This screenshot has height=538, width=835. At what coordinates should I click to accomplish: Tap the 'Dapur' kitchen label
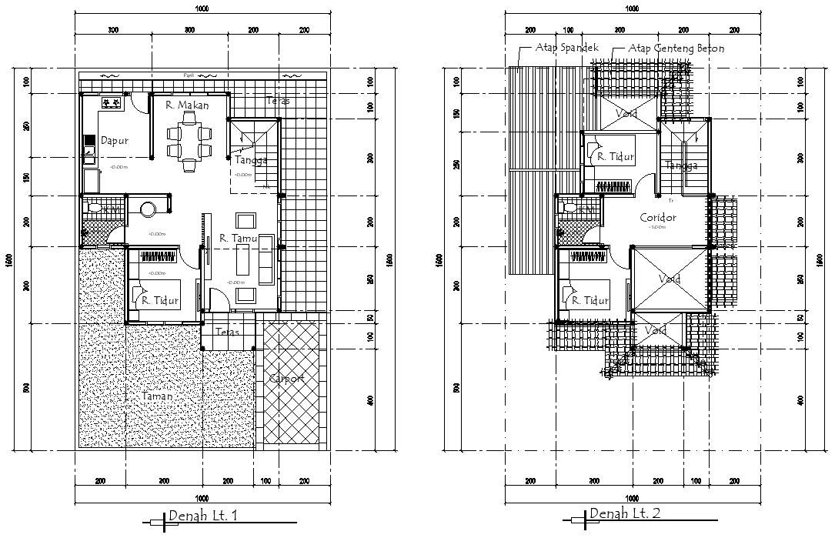tap(114, 141)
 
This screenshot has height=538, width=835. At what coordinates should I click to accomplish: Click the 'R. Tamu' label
tap(238, 239)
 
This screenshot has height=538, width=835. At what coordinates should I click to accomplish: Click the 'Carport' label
tap(286, 379)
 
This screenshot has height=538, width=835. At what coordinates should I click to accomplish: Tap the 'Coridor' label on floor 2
tap(657, 218)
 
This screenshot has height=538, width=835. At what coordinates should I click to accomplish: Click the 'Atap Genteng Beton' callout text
tap(676, 48)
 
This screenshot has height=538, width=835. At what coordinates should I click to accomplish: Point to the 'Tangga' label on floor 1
tap(252, 160)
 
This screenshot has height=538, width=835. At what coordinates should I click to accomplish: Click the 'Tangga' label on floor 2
tap(681, 165)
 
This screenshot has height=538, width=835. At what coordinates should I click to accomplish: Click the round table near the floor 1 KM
tap(148, 209)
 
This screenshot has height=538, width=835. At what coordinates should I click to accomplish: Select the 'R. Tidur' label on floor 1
tap(160, 301)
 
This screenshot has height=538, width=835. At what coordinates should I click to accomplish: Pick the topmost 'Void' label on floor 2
tap(625, 114)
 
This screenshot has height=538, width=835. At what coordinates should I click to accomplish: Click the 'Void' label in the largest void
tap(668, 279)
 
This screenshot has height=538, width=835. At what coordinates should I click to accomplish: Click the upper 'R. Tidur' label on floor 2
tap(616, 156)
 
